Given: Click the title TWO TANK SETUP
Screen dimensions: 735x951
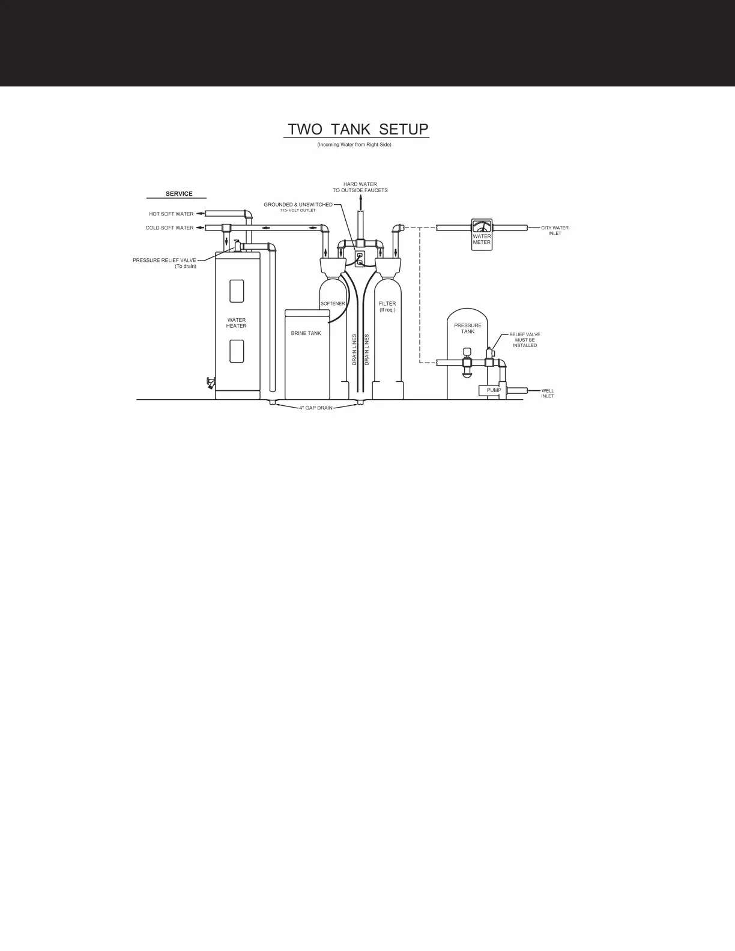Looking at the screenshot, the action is [358, 130].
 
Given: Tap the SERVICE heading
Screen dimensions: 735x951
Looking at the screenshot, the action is [179, 194].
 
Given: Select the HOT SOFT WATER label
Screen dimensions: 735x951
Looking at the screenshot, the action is [171, 214].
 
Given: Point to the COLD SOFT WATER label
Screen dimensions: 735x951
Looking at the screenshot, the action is [169, 228].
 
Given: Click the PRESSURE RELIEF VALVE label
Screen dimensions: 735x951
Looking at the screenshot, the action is [165, 261].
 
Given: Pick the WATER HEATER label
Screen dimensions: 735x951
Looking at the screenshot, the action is [236, 323].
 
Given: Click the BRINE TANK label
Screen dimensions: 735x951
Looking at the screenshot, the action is [306, 333].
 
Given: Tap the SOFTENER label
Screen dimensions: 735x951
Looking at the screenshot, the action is [333, 304].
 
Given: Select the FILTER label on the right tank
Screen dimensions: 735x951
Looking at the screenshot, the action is [387, 304].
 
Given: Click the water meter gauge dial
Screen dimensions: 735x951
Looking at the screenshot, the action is [482, 226].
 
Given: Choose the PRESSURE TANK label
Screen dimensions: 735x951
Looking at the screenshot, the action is [468, 328].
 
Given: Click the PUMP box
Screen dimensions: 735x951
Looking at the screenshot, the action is [494, 390].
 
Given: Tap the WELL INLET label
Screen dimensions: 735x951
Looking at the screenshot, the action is [548, 393].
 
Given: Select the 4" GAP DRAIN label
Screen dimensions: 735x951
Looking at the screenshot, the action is [316, 408].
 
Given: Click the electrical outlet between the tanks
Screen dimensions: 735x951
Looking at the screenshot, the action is [360, 258].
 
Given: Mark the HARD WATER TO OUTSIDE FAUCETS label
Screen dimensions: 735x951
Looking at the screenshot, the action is [360, 187].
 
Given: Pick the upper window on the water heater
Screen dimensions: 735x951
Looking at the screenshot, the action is [237, 291].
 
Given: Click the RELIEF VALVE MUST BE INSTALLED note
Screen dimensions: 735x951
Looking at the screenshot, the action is [525, 340].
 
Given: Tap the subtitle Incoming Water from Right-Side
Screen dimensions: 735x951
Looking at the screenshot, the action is [354, 145].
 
